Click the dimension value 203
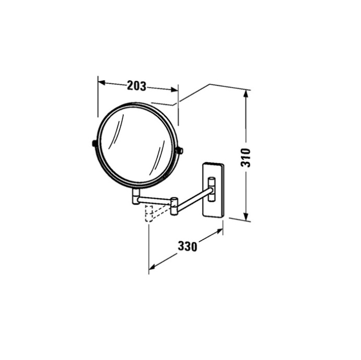click(136, 86)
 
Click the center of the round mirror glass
click(137, 146)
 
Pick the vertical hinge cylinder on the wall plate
click(212, 187)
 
